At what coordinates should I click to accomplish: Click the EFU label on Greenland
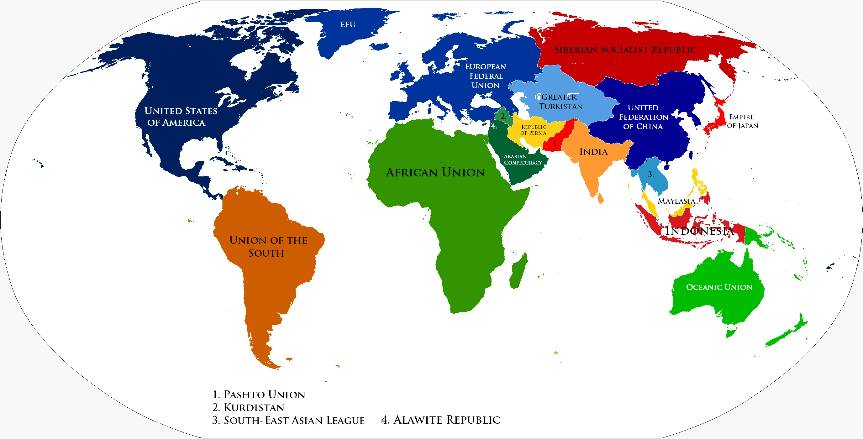click(348, 24)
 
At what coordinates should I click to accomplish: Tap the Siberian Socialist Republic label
click(625, 50)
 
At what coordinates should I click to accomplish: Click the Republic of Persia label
click(533, 130)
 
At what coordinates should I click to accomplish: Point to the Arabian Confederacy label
click(522, 159)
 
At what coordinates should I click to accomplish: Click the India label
click(593, 152)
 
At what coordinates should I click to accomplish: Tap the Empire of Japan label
click(742, 121)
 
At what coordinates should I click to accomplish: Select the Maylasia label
click(676, 201)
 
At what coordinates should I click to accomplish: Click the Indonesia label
click(699, 230)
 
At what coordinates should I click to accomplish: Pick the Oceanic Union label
click(719, 287)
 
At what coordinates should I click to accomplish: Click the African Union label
click(435, 172)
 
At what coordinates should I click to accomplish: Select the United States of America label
click(180, 117)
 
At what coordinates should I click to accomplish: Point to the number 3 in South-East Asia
click(650, 174)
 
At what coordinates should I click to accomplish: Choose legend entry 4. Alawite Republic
click(440, 420)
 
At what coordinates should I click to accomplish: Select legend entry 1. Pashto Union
click(259, 395)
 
